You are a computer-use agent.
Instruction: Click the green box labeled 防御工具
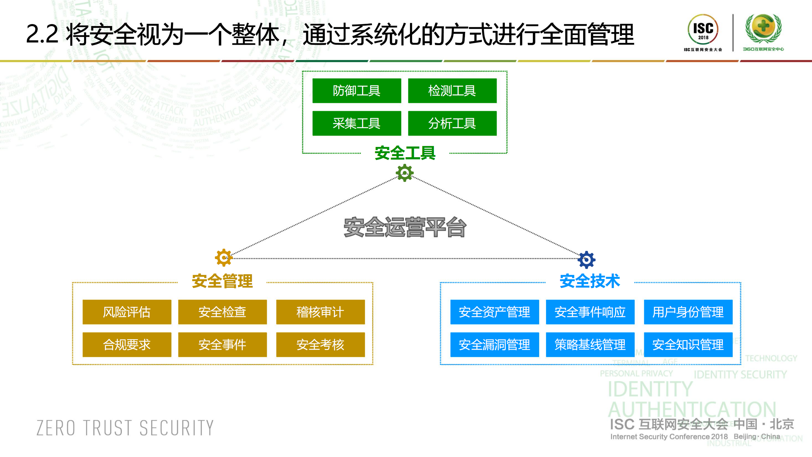point(357,91)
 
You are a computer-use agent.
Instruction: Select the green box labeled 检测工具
point(452,91)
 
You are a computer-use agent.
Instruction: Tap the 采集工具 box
point(357,123)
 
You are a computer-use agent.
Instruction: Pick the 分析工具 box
point(452,123)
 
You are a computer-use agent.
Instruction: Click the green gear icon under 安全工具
point(405,173)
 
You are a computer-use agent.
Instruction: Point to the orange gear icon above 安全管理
point(224,258)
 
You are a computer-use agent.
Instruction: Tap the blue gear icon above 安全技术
point(586,260)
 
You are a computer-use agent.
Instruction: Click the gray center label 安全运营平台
point(405,227)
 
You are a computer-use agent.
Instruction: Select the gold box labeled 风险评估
point(127,312)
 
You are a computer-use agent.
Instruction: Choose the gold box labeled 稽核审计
point(320,312)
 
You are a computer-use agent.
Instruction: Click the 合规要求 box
point(127,345)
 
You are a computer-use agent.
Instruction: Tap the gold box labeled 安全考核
point(320,345)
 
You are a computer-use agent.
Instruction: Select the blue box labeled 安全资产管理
point(494,312)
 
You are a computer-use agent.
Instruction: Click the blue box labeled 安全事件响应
point(590,312)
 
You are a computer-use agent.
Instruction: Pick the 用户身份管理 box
point(688,312)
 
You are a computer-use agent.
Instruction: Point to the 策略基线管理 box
point(590,345)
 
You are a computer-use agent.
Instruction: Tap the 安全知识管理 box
point(688,345)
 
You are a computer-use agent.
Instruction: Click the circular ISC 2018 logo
point(703,30)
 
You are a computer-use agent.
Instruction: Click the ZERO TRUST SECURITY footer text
point(125,428)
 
